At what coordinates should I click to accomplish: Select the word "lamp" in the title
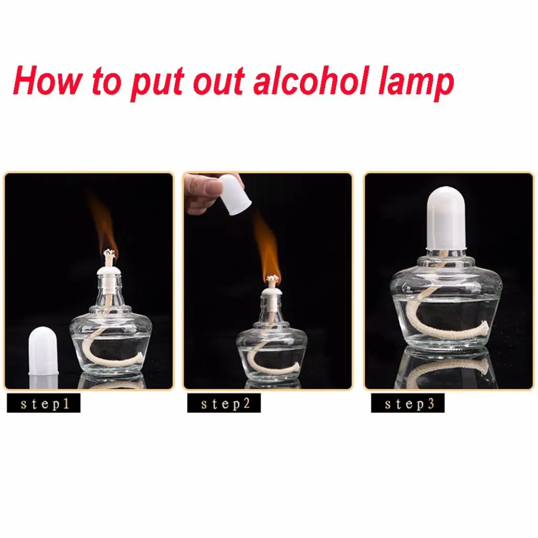[417, 85]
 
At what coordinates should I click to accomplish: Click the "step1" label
[44, 403]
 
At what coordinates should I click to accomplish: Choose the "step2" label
[224, 403]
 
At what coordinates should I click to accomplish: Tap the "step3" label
[408, 403]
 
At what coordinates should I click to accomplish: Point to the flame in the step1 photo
[103, 226]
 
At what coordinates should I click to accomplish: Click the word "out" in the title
[219, 82]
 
